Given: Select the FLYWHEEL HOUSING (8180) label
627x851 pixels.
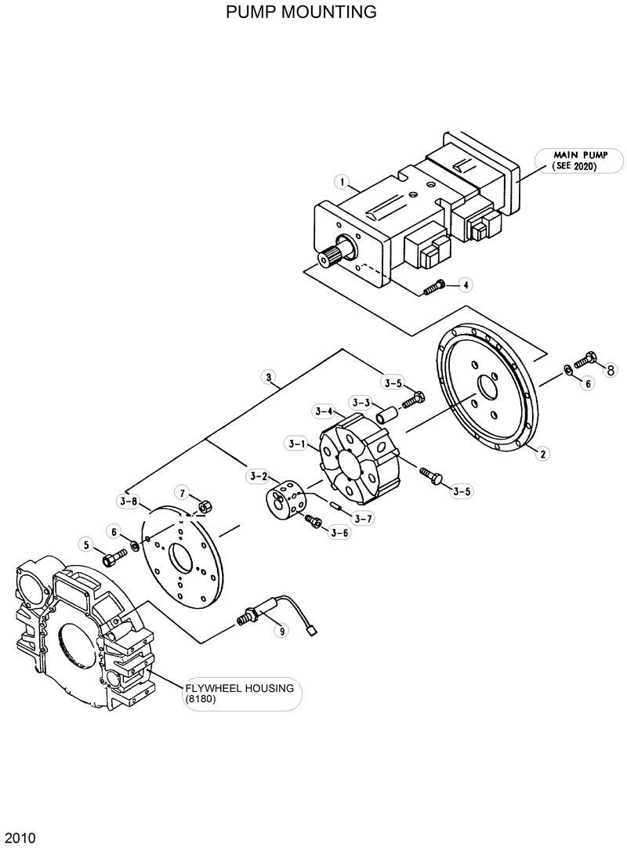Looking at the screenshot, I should click(239, 693).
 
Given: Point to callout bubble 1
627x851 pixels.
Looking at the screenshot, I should click(341, 182).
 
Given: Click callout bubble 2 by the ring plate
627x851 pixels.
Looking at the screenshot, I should click(538, 452).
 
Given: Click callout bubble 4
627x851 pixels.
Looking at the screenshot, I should click(465, 284).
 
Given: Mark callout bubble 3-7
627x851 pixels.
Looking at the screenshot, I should click(361, 517).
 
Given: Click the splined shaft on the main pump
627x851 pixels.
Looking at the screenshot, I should click(331, 255).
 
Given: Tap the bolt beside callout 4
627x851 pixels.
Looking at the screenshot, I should click(434, 288).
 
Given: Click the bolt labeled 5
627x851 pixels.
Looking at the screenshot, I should click(113, 559).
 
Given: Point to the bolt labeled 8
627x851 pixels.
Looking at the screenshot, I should click(585, 361).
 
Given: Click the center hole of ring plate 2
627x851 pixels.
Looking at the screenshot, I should click(488, 389).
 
